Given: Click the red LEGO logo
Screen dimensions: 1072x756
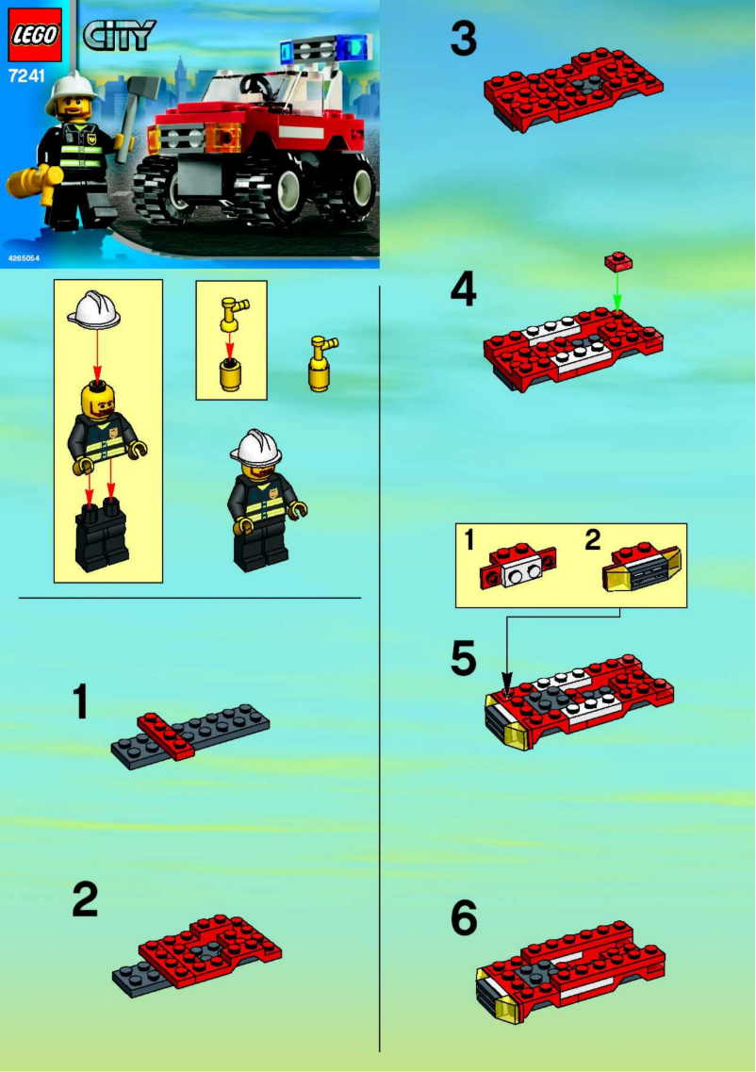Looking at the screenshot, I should (x=35, y=36).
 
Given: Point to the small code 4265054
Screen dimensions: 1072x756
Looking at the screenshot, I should (x=25, y=257).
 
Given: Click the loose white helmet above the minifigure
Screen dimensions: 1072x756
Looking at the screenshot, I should (x=94, y=310).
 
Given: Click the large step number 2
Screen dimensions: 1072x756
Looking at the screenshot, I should (x=86, y=899).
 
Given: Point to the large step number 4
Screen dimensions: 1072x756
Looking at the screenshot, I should (x=463, y=290).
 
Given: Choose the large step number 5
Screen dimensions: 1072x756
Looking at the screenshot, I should (x=463, y=658).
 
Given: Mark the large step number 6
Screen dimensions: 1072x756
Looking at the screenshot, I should (x=463, y=918).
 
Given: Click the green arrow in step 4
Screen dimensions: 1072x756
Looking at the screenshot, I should (x=616, y=288).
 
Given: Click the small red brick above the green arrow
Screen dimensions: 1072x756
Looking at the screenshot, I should (x=617, y=257).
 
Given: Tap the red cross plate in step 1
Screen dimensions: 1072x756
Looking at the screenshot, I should (x=167, y=735).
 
